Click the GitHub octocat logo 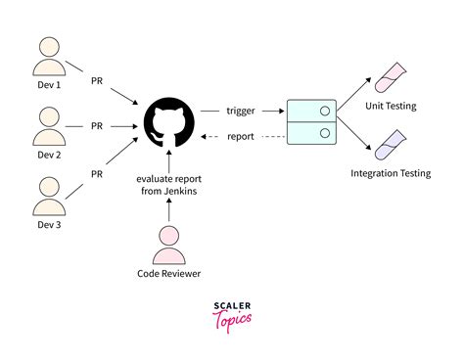pos(169,126)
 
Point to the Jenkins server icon pos(313,121)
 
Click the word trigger pos(241,111)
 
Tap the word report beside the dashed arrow pos(241,137)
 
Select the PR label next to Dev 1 pos(96,79)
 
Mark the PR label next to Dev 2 pos(96,126)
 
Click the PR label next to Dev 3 pos(96,173)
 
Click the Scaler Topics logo pos(231,315)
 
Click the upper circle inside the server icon pos(323,110)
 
